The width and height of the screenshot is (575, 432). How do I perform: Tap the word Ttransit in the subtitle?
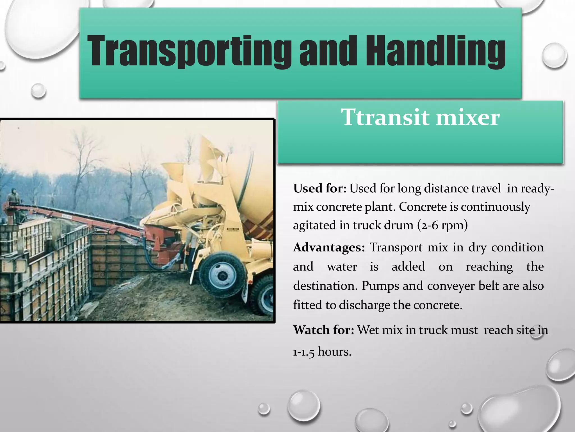point(385,117)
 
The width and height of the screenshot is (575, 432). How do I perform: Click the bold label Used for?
point(320,188)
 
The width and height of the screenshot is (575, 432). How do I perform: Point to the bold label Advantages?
point(329,247)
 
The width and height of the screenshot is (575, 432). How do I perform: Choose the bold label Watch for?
point(324,330)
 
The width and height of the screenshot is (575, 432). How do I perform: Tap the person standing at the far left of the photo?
point(12,195)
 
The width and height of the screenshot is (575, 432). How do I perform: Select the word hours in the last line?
point(334,352)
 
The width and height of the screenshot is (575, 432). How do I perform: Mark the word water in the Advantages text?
point(342,267)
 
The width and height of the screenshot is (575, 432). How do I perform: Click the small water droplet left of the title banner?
point(38,91)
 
